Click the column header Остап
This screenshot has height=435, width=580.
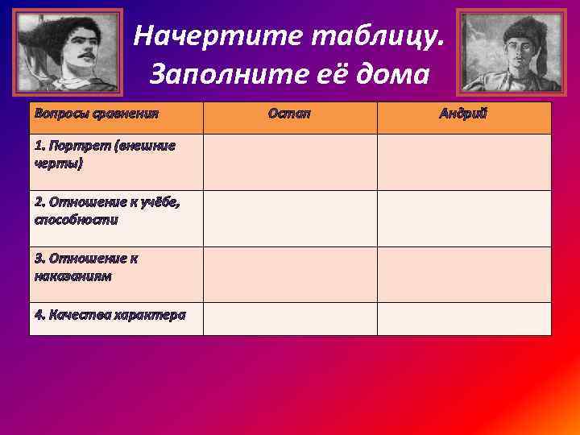pos(289,114)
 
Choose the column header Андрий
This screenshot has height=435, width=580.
pos(463,114)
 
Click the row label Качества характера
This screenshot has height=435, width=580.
pos(110,314)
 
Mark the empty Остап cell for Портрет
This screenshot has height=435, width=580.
pos(290,162)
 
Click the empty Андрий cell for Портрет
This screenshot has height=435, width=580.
pos(464,162)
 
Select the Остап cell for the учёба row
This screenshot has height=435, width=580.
pos(290,218)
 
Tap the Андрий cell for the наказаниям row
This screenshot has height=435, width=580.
pos(464,275)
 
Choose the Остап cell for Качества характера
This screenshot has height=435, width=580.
pos(290,319)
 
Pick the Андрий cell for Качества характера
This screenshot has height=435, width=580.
pos(464,319)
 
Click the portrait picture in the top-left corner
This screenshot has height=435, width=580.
pos(69,52)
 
